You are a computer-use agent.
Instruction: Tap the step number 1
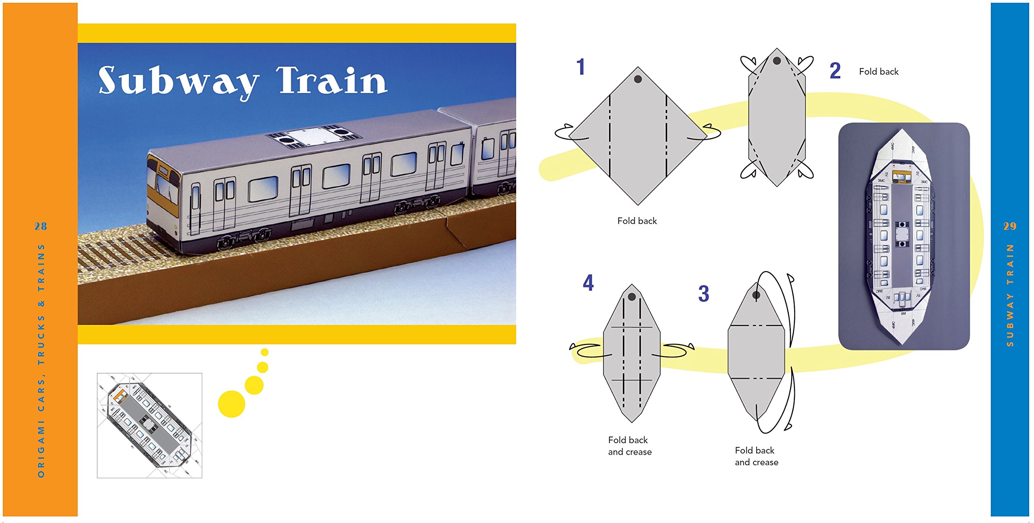(580, 67)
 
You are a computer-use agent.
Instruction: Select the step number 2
(835, 71)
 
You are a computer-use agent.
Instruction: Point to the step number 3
(704, 294)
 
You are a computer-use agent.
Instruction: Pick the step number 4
(588, 283)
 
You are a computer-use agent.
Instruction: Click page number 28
(40, 226)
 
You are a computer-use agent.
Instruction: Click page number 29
(1010, 226)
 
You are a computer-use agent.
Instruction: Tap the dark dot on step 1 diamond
(638, 79)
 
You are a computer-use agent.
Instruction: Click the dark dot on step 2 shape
(776, 61)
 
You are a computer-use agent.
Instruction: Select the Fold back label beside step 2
(878, 72)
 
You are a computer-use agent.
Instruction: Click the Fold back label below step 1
(637, 221)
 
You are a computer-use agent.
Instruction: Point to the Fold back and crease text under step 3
(756, 456)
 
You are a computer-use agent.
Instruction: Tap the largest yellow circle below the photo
(231, 404)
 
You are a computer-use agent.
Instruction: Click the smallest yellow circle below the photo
(265, 352)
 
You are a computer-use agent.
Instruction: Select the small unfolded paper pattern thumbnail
(149, 425)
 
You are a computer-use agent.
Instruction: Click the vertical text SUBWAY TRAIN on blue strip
(1010, 295)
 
